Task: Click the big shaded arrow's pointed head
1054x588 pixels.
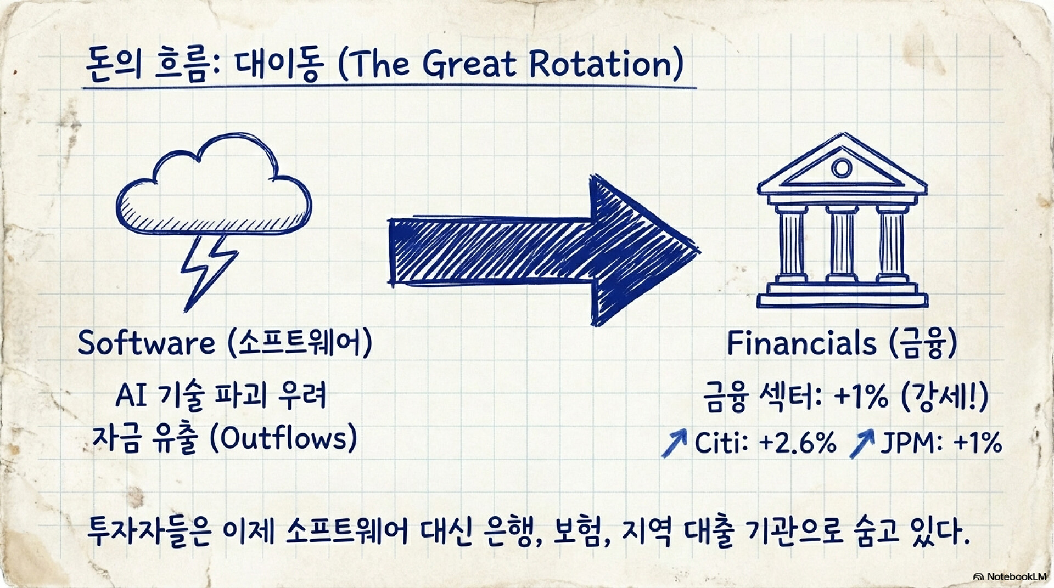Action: click(642, 250)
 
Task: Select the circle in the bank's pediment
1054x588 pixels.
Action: click(841, 167)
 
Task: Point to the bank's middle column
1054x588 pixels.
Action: click(842, 244)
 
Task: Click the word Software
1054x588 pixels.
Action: click(146, 343)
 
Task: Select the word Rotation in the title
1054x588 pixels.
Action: click(601, 64)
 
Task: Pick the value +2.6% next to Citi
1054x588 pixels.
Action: click(798, 442)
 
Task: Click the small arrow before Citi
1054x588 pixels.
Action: click(675, 443)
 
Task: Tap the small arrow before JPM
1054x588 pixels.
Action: click(862, 443)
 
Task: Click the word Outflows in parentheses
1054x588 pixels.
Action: click(284, 438)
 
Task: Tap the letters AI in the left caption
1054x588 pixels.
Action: click(131, 394)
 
